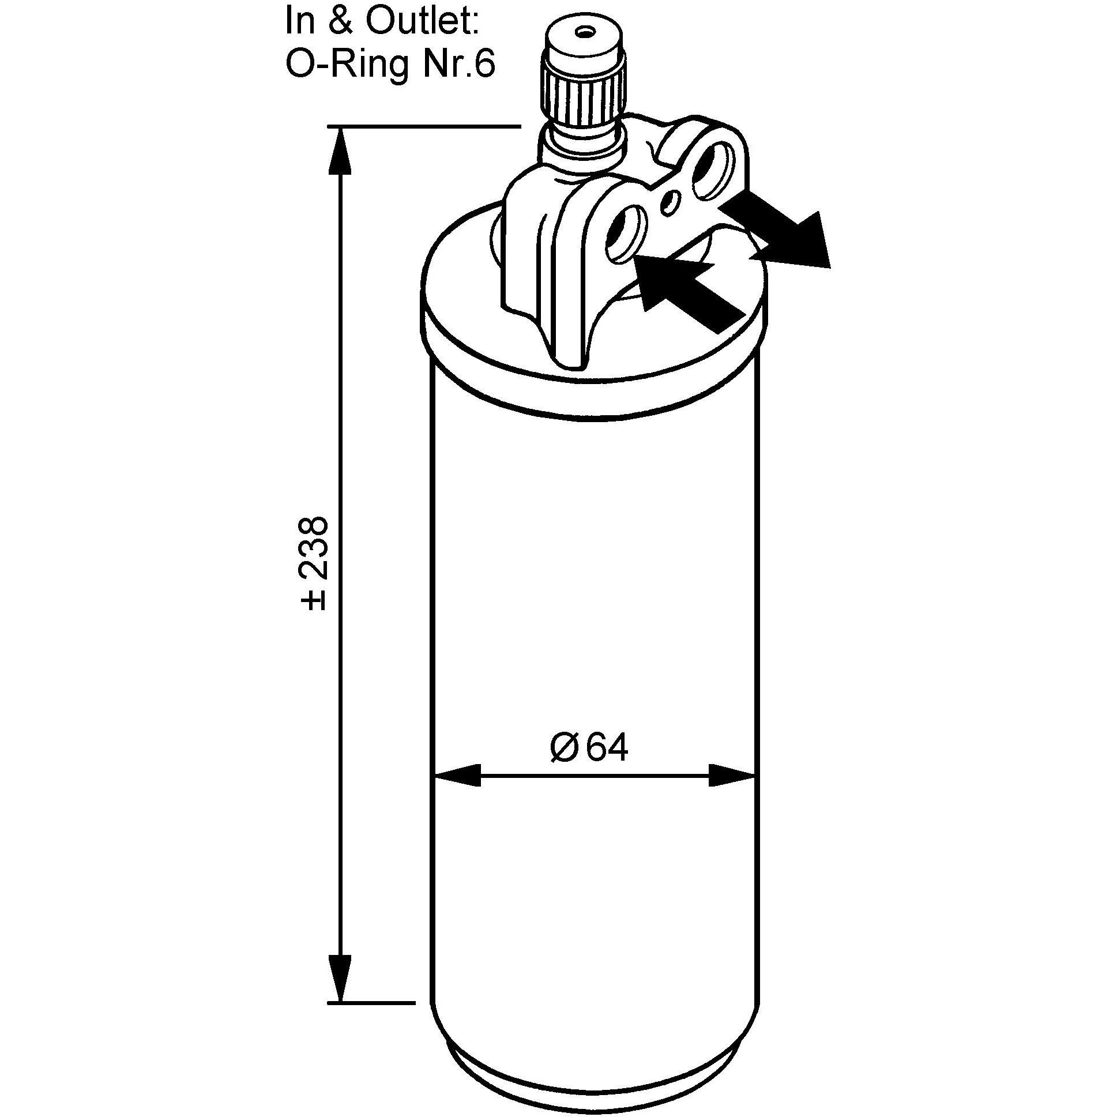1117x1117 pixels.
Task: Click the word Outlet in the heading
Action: (x=420, y=22)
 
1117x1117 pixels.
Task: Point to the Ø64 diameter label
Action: (x=589, y=749)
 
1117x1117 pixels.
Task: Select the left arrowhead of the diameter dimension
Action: (x=457, y=775)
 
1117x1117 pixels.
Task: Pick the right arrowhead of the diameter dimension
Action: (x=732, y=775)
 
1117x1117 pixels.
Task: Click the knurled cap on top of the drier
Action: (x=584, y=87)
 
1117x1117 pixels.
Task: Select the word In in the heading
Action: (x=299, y=22)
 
